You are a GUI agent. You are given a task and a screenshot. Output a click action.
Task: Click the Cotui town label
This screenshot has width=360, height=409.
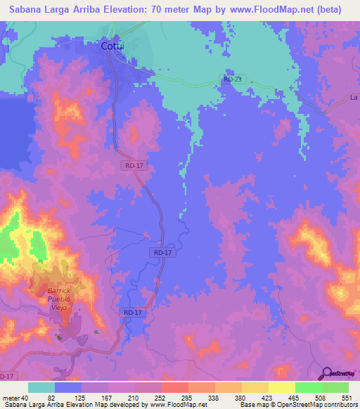pyautogui.click(x=113, y=46)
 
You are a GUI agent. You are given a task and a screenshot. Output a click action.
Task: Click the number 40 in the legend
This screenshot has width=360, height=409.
pyautogui.click(x=25, y=398)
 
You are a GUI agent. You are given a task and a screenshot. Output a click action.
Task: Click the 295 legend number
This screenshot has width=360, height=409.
pyautogui.click(x=187, y=398)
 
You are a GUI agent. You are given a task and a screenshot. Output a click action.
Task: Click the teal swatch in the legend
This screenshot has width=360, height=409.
pyautogui.click(x=41, y=387)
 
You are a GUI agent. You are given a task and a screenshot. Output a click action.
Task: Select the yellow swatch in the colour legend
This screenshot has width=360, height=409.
pyautogui.click(x=255, y=387)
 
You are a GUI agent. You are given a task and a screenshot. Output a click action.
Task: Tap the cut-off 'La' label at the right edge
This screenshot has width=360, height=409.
pyautogui.click(x=354, y=98)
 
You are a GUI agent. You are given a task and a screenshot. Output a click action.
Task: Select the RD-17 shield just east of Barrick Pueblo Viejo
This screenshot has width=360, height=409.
pyautogui.click(x=133, y=312)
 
